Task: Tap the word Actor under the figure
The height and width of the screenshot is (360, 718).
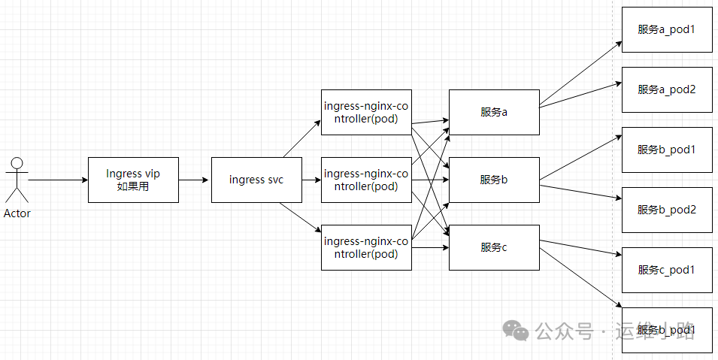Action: click(x=17, y=213)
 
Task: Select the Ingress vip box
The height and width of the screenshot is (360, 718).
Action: click(x=133, y=180)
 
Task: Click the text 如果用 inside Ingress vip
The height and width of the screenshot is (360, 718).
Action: click(x=133, y=186)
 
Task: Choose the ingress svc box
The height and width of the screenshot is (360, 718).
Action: click(x=256, y=180)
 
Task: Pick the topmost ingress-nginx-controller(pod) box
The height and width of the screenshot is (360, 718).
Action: click(x=366, y=112)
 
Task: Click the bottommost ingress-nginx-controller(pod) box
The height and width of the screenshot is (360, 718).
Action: click(x=366, y=247)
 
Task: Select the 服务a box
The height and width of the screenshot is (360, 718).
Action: click(x=494, y=112)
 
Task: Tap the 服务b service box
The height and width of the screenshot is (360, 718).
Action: click(x=494, y=180)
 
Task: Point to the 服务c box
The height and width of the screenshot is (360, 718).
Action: click(x=494, y=247)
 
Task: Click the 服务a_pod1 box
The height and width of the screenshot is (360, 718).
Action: click(x=667, y=29)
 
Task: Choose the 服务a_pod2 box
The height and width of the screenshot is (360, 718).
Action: click(x=667, y=89)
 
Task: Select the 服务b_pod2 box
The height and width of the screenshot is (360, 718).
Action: click(x=667, y=210)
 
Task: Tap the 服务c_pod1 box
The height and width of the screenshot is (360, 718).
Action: click(x=667, y=270)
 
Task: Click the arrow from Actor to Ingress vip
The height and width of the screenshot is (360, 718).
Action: click(x=57, y=180)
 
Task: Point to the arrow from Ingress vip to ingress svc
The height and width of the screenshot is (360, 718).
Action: click(x=195, y=180)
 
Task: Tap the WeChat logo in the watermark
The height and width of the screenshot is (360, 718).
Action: click(x=516, y=331)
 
